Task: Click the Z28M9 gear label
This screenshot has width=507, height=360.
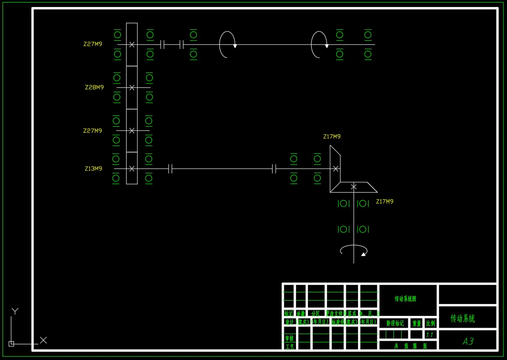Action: pos(94,87)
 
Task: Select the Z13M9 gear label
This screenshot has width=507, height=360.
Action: pos(93,169)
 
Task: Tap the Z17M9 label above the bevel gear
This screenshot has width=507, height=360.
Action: pos(332,137)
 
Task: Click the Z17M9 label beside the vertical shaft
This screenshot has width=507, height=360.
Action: pos(385,201)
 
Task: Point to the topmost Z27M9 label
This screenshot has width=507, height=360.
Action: pos(93,44)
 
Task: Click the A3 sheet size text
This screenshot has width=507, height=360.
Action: pos(468,341)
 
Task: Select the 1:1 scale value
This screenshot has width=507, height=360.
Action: pos(430,335)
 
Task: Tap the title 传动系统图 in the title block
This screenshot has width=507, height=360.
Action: pos(405,299)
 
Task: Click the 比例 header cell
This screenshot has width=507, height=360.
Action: pos(431,323)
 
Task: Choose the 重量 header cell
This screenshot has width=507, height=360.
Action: pos(417,323)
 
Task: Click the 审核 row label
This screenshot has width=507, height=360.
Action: pos(289,338)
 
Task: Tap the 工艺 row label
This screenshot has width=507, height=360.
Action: pos(289,346)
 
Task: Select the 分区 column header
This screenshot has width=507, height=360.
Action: pos(315,314)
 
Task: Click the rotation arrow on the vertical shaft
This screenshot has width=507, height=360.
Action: pos(354,250)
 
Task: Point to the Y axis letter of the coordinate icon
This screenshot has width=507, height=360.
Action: pos(15,311)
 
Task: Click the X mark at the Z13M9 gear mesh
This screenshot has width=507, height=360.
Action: pos(132,169)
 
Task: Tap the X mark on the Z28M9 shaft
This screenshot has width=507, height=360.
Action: pos(132,87)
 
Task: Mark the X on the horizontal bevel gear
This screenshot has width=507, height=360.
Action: pos(354,187)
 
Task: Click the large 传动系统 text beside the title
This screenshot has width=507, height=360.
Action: pos(462,318)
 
